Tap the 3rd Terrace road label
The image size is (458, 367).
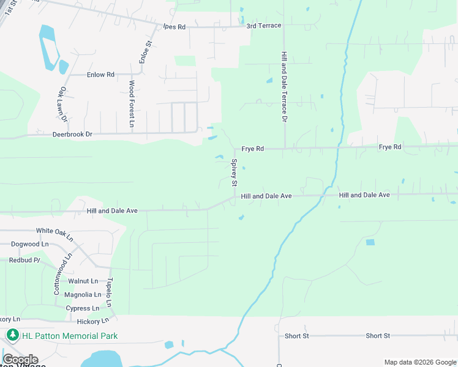264,26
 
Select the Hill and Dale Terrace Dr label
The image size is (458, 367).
283,86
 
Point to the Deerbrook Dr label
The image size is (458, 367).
72,134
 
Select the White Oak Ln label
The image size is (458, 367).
54,231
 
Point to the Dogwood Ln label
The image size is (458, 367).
29,244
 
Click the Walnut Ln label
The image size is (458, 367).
83,281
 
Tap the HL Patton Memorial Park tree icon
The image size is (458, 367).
13,336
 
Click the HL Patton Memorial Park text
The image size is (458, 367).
70,336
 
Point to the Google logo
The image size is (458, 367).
20,360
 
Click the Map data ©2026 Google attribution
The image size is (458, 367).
419,362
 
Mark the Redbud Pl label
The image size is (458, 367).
24,260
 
